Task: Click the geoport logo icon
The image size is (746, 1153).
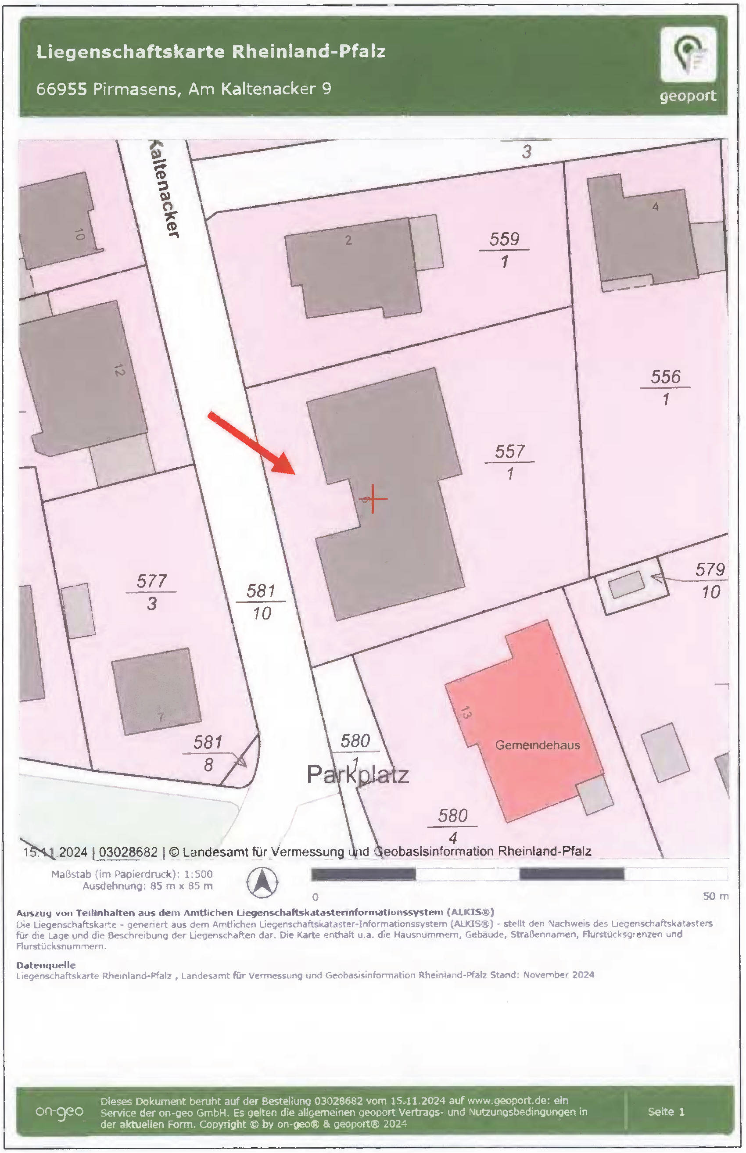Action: tap(688, 54)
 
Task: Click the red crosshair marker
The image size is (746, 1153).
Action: tap(373, 498)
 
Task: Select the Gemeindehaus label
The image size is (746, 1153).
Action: tap(537, 745)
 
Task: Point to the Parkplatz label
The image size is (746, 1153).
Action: tap(358, 775)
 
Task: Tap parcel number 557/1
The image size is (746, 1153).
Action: tap(509, 462)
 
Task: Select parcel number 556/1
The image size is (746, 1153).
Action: tap(666, 387)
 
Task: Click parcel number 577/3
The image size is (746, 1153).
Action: tap(152, 592)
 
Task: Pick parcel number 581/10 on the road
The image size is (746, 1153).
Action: tap(261, 602)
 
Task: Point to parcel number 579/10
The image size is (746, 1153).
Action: tap(710, 580)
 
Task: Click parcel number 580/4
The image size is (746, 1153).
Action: tap(452, 826)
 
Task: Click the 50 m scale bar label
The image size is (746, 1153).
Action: tap(715, 896)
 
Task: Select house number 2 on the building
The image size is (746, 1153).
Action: tap(348, 240)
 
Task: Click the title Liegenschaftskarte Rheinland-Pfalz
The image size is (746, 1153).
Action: tap(211, 51)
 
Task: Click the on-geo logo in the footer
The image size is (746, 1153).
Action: tap(59, 1112)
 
